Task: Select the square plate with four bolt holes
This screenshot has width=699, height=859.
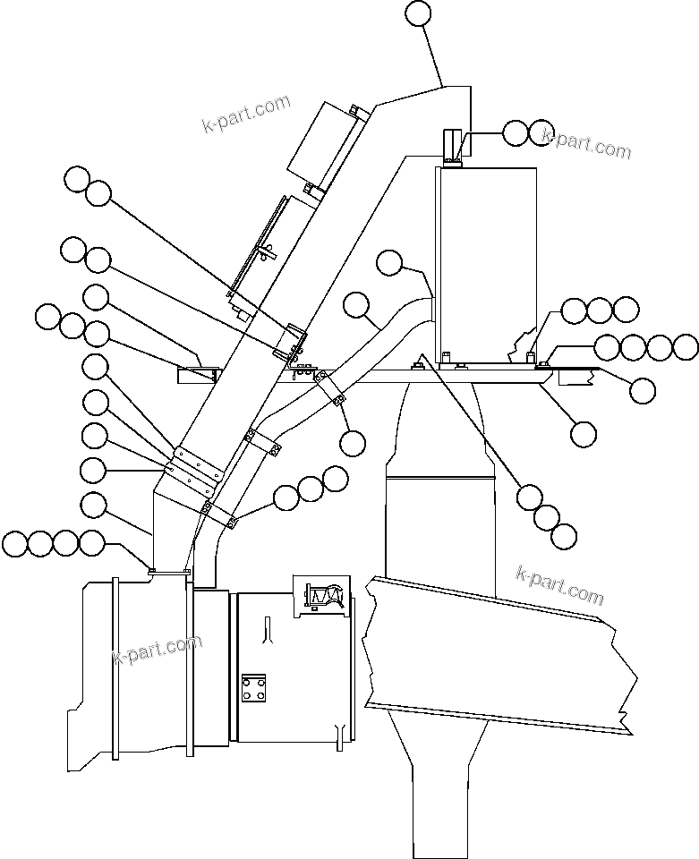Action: point(253,688)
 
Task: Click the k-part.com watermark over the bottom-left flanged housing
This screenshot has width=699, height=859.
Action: point(158,651)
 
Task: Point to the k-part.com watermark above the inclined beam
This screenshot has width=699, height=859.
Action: point(560,584)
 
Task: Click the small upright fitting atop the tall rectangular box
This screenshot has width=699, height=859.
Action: point(452,148)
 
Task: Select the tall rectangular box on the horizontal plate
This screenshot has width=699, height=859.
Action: point(486,264)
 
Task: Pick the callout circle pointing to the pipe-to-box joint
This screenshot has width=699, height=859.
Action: point(389,262)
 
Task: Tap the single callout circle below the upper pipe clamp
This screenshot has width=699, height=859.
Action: point(353,441)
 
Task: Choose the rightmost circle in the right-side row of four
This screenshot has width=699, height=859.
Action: point(686,347)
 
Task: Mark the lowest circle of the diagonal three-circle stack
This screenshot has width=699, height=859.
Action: point(563,536)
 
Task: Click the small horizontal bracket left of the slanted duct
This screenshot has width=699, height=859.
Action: point(198,373)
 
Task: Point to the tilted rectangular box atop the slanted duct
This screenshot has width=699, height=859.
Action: point(321,143)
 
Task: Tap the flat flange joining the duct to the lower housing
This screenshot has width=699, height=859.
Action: point(170,569)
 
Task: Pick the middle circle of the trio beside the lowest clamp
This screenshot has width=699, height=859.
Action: point(311,489)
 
